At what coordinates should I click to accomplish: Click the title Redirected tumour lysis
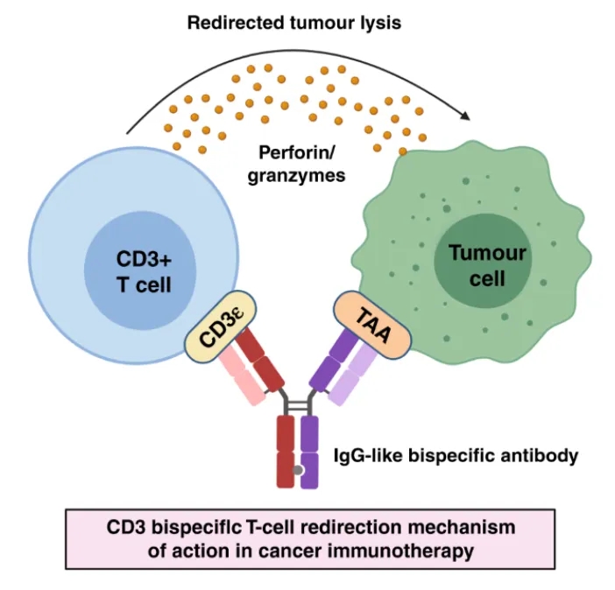pyautogui.click(x=294, y=23)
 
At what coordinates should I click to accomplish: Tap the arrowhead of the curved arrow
pyautogui.click(x=465, y=116)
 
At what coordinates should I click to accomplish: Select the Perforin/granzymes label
pyautogui.click(x=296, y=165)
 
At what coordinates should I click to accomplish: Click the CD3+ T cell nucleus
pyautogui.click(x=140, y=270)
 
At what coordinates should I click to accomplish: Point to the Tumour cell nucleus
pyautogui.click(x=483, y=262)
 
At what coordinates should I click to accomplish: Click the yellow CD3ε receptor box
pyautogui.click(x=221, y=327)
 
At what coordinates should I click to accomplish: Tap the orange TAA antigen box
pyautogui.click(x=371, y=325)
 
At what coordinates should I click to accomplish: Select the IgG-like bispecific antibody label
pyautogui.click(x=456, y=456)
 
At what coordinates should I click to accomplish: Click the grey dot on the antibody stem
pyautogui.click(x=298, y=470)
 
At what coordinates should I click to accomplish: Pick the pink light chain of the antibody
pyautogui.click(x=243, y=376)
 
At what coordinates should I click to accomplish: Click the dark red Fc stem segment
pyautogui.click(x=286, y=452)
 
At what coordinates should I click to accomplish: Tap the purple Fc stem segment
pyautogui.click(x=309, y=452)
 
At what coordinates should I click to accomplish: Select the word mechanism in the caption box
pyautogui.click(x=462, y=527)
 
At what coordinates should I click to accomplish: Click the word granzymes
pyautogui.click(x=296, y=175)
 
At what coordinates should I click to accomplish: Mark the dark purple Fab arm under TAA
pyautogui.click(x=333, y=359)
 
